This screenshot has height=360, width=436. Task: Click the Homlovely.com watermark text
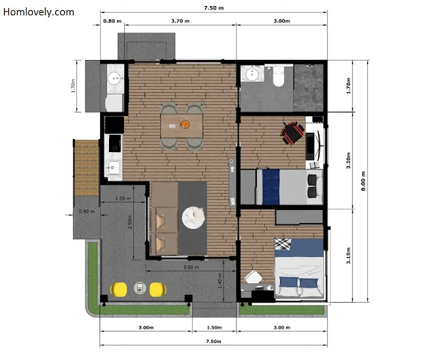[39, 12]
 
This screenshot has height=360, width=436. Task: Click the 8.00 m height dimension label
[363, 181]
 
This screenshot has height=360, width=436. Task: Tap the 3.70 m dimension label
[180, 21]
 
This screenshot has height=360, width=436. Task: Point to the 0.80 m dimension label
[112, 21]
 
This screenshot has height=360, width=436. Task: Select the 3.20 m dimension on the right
[348, 160]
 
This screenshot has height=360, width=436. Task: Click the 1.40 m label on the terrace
[219, 280]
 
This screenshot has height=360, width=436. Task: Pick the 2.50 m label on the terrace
[130, 222]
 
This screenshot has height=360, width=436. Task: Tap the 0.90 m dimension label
[87, 211]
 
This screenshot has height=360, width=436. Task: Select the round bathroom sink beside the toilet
[252, 74]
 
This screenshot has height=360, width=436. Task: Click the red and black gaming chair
[292, 133]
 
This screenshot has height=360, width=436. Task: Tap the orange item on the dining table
[185, 124]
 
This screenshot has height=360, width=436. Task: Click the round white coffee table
[193, 217]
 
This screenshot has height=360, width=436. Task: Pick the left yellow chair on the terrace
[119, 289]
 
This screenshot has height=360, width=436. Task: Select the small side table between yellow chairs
[140, 288]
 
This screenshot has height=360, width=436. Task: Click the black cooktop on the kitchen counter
[115, 143]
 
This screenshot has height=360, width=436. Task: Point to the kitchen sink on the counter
[113, 168]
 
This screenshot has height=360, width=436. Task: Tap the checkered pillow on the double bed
[283, 243]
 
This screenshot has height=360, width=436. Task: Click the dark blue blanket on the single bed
[271, 187]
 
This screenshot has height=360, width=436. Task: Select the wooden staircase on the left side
[87, 168]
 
